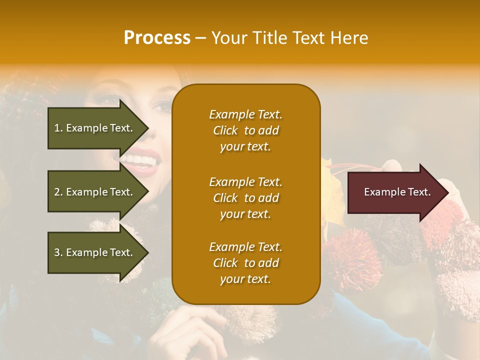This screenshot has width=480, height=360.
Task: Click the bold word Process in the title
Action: click(x=157, y=37)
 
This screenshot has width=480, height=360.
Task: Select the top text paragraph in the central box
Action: click(x=245, y=130)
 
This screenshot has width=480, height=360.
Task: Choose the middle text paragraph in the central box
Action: click(x=245, y=198)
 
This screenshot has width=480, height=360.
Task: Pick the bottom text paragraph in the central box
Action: click(x=245, y=263)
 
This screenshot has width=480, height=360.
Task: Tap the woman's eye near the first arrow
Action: click(x=162, y=106)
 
